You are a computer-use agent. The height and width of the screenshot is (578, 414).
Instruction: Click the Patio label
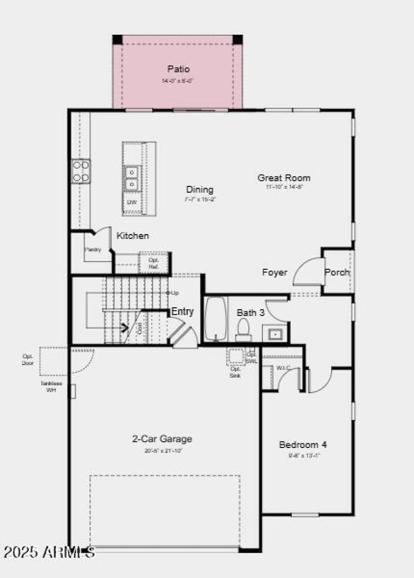178,69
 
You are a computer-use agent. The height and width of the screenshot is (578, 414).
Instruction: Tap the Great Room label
284,178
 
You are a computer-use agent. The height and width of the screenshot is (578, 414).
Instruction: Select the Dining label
200,190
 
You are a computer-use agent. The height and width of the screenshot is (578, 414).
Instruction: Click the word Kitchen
132,236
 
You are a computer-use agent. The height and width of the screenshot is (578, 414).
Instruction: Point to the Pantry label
93,250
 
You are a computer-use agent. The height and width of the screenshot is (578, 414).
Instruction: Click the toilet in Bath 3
243,329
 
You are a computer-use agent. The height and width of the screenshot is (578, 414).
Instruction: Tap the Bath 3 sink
275,334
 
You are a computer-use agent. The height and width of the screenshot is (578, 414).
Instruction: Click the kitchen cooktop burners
81,171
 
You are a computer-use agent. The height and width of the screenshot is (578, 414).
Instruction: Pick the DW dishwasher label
132,202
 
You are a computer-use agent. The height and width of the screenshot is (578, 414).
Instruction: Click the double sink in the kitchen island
132,177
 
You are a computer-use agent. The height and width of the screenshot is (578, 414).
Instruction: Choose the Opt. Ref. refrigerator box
154,263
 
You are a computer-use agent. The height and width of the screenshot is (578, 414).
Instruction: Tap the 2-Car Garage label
162,439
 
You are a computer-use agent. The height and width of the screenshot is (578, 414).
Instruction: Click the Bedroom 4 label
303,444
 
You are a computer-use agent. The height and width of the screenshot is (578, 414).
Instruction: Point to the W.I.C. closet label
283,368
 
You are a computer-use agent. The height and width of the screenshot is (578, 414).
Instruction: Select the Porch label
337,272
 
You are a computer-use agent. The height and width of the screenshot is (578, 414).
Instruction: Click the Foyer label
275,272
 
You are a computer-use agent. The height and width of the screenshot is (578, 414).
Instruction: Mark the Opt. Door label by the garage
28,359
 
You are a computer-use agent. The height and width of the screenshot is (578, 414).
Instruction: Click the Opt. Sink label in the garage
235,371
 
